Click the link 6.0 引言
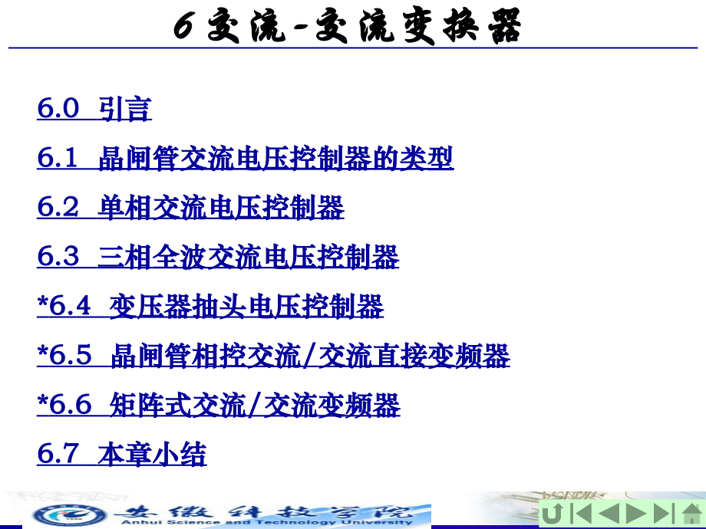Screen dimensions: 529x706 [94, 109]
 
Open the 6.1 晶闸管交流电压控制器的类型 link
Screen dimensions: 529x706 [245, 159]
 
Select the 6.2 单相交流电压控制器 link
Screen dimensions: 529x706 [190, 208]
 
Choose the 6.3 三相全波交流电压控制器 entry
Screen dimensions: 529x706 [218, 257]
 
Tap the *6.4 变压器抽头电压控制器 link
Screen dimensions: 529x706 [210, 307]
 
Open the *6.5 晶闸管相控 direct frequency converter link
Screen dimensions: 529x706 [273, 356]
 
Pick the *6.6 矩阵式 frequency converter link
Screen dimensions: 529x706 [218, 405]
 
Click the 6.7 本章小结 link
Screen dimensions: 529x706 [121, 455]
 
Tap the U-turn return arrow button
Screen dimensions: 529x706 [553, 514]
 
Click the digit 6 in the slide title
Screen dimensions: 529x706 [183, 28]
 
